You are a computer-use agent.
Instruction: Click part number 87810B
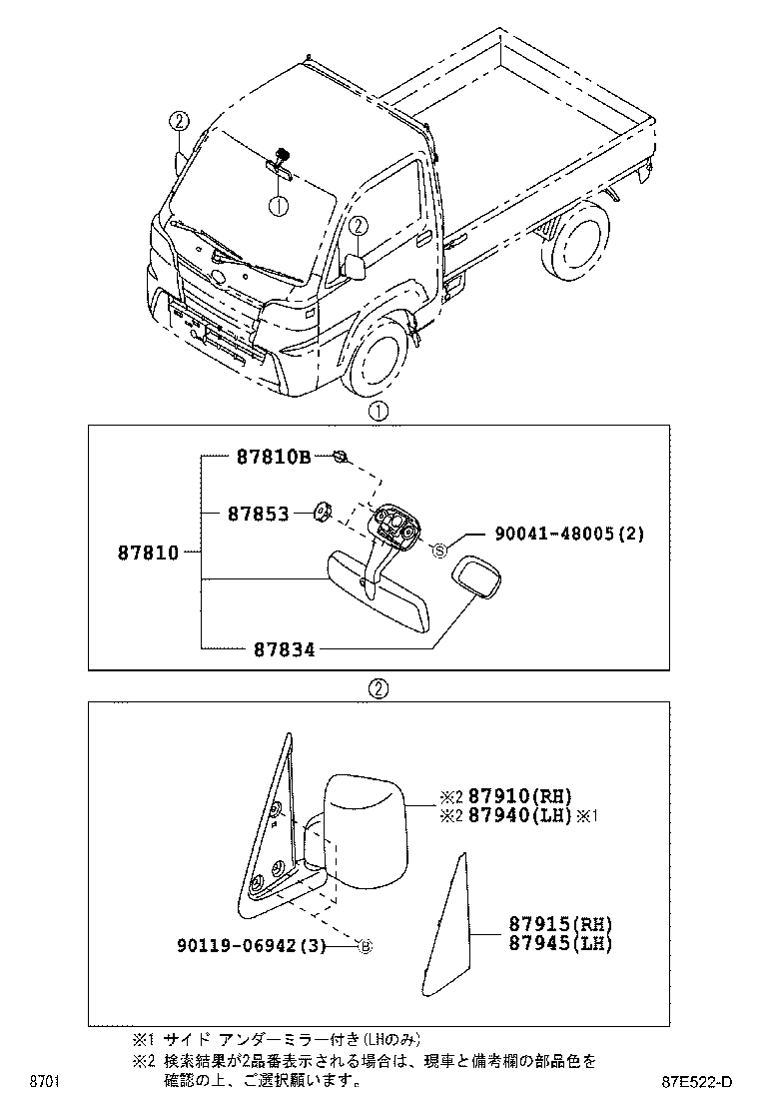pyautogui.click(x=274, y=458)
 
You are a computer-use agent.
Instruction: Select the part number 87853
pyautogui.click(x=258, y=514)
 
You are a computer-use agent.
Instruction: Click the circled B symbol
pyautogui.click(x=365, y=946)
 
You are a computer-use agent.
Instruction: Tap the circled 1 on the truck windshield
pyautogui.click(x=278, y=206)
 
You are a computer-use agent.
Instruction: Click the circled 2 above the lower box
pyautogui.click(x=378, y=688)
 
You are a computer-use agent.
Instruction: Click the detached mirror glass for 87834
pyautogui.click(x=481, y=578)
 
